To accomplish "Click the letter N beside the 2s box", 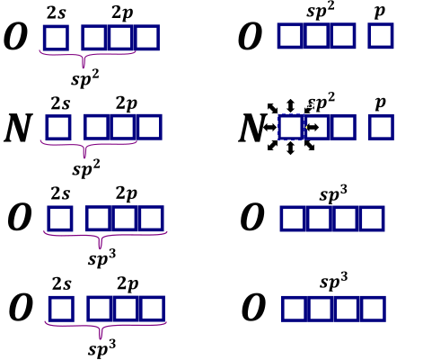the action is pyautogui.click(x=18, y=128).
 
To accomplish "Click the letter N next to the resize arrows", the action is pyautogui.click(x=251, y=128).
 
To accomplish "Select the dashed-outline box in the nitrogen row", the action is pyautogui.click(x=291, y=127).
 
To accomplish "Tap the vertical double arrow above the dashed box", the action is pyautogui.click(x=290, y=106).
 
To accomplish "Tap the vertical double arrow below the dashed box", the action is pyautogui.click(x=290, y=148).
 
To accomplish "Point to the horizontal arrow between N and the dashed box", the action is pyautogui.click(x=270, y=127).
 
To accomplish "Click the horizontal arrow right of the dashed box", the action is pyautogui.click(x=313, y=128).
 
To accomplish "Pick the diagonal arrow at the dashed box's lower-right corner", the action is pyautogui.click(x=310, y=145).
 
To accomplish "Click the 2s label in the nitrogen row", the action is pyautogui.click(x=60, y=103).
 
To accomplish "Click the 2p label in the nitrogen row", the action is pyautogui.click(x=127, y=104).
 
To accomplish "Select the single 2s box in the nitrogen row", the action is pyautogui.click(x=58, y=127).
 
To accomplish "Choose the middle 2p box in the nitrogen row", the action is pyautogui.click(x=123, y=127).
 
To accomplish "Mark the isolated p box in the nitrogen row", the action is pyautogui.click(x=381, y=127).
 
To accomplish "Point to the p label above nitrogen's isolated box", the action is pyautogui.click(x=380, y=103).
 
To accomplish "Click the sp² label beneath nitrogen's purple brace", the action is pyautogui.click(x=86, y=168).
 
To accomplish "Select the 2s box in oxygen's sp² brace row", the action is pyautogui.click(x=56, y=38).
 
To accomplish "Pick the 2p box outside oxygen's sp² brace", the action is pyautogui.click(x=147, y=38).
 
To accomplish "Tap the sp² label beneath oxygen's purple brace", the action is pyautogui.click(x=85, y=78).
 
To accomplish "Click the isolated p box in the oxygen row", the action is pyautogui.click(x=381, y=35).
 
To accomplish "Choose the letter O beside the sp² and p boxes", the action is pyautogui.click(x=250, y=36).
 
